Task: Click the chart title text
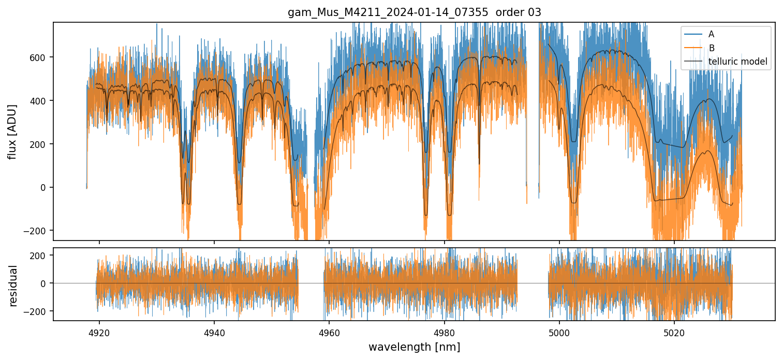414,12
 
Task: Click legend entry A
711,34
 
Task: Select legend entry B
711,48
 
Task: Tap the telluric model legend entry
737,62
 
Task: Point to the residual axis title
13,286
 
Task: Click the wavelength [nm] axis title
414,347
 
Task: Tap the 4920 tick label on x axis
99,332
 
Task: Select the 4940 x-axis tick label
214,332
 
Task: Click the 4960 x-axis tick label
329,332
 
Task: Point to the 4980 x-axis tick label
445,332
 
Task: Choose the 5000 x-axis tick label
559,332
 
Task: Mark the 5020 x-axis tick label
674,332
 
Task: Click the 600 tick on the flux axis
40,57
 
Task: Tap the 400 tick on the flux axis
40,100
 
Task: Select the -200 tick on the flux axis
38,231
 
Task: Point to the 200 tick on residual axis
40,255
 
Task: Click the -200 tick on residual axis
38,311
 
